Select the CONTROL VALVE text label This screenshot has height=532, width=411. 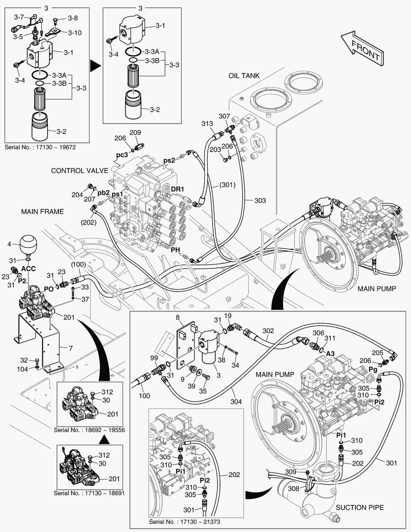[x=79, y=170]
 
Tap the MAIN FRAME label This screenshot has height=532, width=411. [x=42, y=211]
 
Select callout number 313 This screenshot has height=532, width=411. [x=207, y=123]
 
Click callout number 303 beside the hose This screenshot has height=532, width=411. [x=260, y=200]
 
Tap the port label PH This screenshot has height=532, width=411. [x=175, y=250]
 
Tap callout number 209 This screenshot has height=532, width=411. [x=135, y=133]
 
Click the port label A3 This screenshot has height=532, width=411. [x=330, y=354]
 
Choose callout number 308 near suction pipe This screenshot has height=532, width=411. [x=293, y=489]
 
